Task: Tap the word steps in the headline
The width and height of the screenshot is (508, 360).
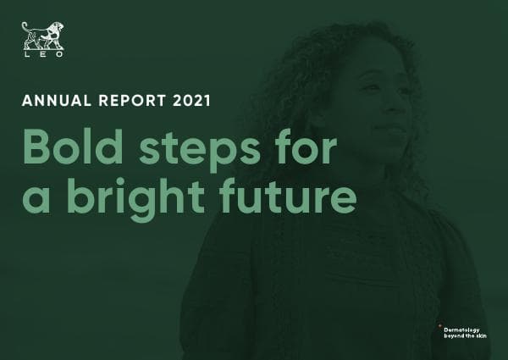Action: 203,151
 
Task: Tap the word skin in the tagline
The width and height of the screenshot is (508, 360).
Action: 485,336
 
